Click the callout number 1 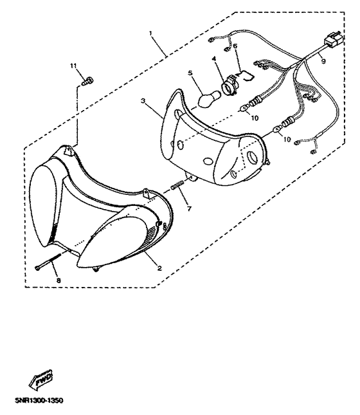point(150,33)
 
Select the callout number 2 point(159,268)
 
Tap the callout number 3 point(143,101)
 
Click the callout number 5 point(190,73)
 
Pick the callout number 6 point(235,46)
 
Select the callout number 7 point(189,208)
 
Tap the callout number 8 point(59,280)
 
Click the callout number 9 point(323,61)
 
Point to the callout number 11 point(73,65)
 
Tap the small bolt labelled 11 point(88,80)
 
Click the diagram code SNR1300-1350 point(39,400)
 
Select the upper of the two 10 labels point(255,118)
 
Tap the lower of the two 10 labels point(287,139)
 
